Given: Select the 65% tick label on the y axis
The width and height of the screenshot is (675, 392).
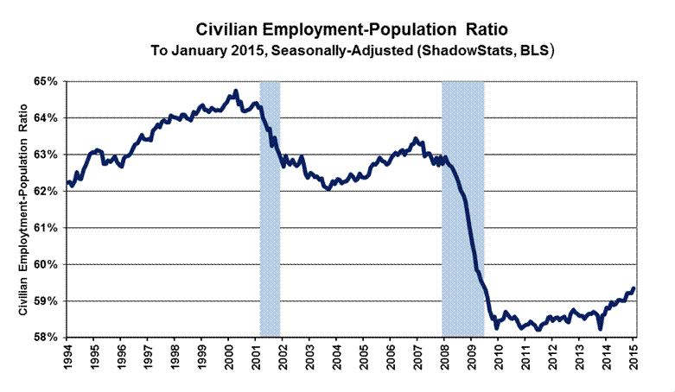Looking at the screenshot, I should coord(45,81).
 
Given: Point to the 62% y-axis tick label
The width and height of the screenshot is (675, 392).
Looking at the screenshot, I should coord(45,191).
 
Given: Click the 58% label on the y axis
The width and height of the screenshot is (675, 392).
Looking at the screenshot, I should coord(45,338).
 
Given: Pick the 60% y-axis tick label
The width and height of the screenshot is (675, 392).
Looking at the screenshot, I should coord(45,264).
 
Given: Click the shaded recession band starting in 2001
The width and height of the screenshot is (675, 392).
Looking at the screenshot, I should coord(270,207).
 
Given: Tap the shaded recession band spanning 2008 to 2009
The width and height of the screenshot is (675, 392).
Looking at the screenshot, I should coord(462,207).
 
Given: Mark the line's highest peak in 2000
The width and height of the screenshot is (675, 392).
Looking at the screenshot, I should coord(236,91).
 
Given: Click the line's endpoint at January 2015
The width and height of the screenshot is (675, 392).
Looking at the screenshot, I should coord(634,288).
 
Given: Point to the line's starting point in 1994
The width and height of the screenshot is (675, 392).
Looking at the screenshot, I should coord(67,181).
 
